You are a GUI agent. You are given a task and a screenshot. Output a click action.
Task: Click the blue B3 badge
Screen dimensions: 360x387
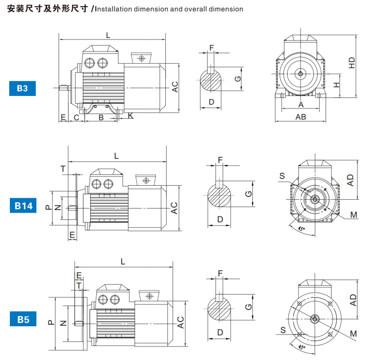coord(22,89)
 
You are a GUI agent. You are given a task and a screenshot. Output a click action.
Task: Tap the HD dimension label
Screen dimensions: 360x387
coord(352,63)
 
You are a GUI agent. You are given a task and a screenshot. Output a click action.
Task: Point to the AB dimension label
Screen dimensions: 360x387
coord(300,117)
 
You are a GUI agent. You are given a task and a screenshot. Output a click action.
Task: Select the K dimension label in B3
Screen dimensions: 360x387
coord(130,116)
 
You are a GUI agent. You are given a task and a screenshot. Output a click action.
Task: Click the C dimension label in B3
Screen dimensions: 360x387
coord(76,117)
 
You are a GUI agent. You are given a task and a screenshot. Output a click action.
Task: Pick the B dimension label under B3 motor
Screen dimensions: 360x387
coord(101,117)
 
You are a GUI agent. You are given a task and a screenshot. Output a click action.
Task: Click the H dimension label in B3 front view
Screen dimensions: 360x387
coord(337,85)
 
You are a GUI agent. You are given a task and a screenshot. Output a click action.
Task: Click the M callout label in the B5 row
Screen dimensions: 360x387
coord(353,333)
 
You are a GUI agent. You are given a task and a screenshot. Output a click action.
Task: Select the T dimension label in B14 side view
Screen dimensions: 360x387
coord(63,169)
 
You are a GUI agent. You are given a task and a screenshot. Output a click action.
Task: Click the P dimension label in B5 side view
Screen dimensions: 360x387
coord(51,322)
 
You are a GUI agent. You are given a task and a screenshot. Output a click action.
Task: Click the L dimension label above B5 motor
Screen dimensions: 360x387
coord(123,261)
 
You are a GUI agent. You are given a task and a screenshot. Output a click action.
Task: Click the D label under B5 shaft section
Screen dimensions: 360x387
coord(220,331)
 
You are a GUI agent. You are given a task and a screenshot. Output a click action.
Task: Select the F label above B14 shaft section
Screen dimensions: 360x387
coord(220,159)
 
